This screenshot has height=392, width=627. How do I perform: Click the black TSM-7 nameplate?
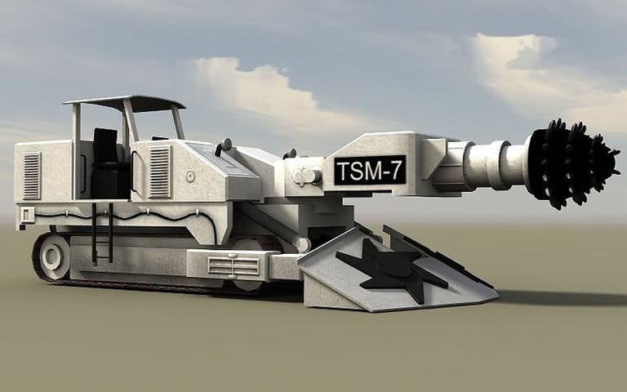tap(369, 170)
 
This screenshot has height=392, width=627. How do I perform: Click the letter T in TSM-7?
tap(344, 170)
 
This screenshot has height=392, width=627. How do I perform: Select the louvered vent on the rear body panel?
tap(32, 175)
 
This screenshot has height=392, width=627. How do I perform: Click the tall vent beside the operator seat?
tap(159, 171)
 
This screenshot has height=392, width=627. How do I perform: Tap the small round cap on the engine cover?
tap(190, 176)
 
